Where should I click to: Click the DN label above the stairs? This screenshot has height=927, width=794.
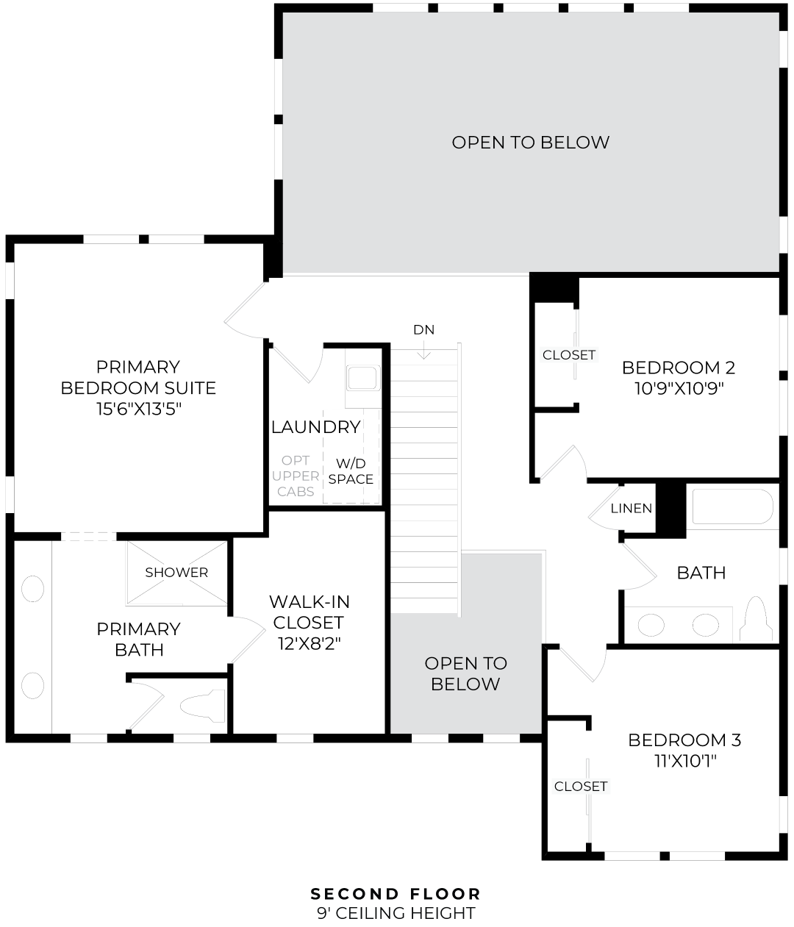coord(423,329)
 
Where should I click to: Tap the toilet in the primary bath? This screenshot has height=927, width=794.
coord(203,706)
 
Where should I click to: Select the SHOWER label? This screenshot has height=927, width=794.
coord(176,572)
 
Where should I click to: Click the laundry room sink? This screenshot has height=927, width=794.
coord(362,378)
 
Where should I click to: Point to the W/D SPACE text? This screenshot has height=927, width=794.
coord(351,471)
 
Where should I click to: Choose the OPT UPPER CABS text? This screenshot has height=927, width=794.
coord(296,476)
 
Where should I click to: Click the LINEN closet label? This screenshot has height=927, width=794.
coord(632,508)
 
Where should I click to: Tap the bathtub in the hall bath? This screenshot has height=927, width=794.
coord(732,507)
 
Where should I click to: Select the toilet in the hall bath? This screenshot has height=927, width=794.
coord(757,619)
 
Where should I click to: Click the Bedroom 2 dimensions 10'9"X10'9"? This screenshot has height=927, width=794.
coord(679,388)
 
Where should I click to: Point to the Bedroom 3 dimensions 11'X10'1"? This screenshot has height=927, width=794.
coord(685,761)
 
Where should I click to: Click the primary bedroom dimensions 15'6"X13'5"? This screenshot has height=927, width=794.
coord(139,409)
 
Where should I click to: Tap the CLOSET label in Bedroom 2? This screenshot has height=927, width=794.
coord(569,355)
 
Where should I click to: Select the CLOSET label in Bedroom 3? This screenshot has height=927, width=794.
coord(581,786)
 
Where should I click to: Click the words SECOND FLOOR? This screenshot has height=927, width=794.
coord(396,893)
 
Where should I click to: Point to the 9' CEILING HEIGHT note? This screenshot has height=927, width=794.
coord(396,912)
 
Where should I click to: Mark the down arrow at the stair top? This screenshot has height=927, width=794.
coord(423,349)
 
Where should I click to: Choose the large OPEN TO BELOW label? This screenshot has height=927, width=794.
coord(530,142)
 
